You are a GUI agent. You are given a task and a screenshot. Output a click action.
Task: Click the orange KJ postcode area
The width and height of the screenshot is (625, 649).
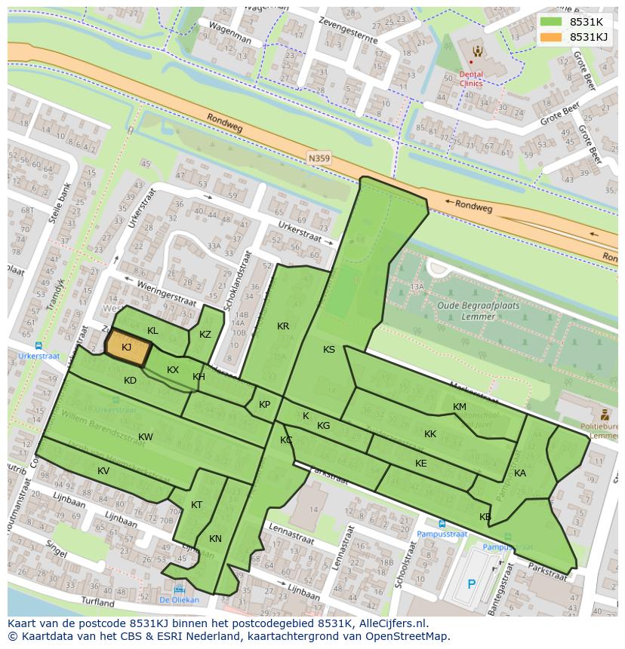point(127,347)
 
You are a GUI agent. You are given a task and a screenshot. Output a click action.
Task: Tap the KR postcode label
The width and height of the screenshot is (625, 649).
point(283,326)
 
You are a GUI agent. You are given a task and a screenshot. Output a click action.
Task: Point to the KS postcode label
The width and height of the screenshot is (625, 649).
point(329,350)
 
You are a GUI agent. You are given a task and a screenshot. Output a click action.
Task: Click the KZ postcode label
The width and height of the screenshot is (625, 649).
point(205,335)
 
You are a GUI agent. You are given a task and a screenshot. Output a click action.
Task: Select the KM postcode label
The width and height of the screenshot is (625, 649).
point(460,407)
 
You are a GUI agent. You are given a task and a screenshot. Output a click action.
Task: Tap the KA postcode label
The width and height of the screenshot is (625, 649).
point(520,473)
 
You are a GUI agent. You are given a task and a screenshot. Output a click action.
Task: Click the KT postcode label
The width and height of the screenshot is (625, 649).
point(196,505)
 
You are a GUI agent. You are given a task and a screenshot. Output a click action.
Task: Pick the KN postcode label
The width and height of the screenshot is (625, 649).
point(216,538)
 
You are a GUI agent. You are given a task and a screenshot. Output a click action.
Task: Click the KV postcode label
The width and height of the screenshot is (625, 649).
point(103,471)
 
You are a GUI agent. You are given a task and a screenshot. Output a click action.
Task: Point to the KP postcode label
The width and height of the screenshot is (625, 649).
point(264,405)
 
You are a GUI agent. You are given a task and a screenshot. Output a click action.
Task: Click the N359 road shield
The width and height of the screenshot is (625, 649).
point(319,157)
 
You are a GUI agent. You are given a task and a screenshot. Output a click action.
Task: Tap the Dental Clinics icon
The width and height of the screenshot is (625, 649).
point(477,52)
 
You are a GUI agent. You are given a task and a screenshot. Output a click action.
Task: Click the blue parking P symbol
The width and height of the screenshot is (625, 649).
point(472,583)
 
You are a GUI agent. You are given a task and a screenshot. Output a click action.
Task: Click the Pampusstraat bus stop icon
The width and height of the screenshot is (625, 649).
point(442,523)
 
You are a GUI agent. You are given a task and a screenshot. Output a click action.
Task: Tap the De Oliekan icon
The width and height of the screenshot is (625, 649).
point(179,590)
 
